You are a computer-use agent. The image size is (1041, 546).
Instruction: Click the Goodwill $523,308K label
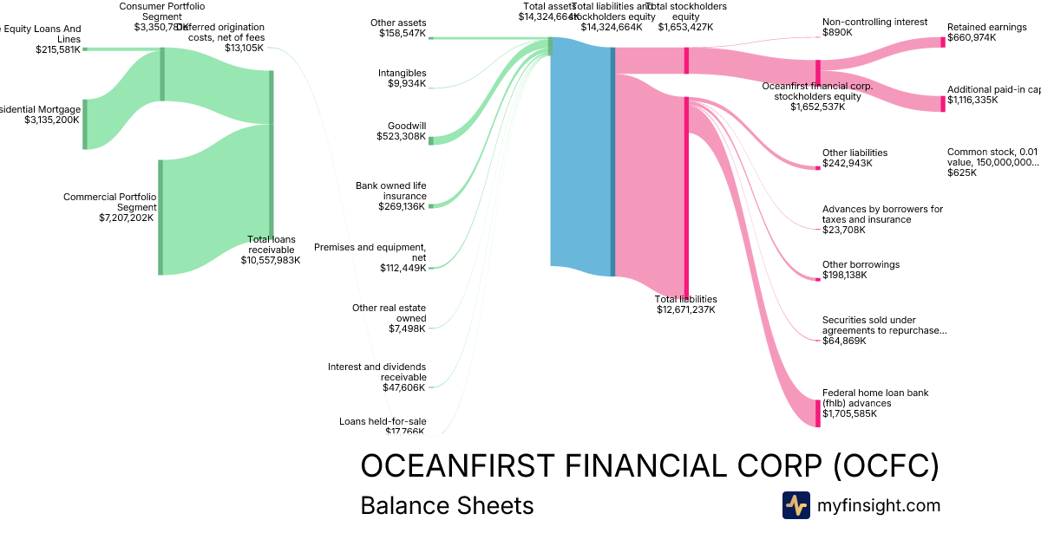pyautogui.click(x=401, y=131)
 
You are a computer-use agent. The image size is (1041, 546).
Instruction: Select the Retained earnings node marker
pyautogui.click(x=943, y=42)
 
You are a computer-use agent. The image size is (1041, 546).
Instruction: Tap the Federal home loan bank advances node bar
pyautogui.click(x=818, y=413)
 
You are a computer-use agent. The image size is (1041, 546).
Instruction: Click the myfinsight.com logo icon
pyautogui.click(x=795, y=505)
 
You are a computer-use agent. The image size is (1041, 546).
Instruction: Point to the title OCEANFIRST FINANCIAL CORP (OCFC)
pyautogui.click(x=650, y=466)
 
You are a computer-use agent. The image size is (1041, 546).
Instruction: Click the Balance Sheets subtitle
pyautogui.click(x=447, y=505)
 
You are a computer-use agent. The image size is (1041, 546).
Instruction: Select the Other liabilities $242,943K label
pyautogui.click(x=854, y=158)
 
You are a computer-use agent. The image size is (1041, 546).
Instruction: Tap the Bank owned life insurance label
pyautogui.click(x=390, y=196)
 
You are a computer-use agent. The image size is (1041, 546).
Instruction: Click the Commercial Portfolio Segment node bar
pyautogui.click(x=160, y=217)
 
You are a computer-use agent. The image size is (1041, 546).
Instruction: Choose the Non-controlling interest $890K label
pyautogui.click(x=862, y=27)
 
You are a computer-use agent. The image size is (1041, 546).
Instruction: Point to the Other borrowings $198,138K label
pyautogui.click(x=861, y=270)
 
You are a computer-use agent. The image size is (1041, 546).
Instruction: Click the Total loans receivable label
pyautogui.click(x=271, y=249)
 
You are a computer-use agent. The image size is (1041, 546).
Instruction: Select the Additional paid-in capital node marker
pyautogui.click(x=943, y=104)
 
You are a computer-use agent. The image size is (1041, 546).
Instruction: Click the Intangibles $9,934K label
pyautogui.click(x=402, y=78)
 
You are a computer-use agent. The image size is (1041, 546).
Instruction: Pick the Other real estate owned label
pyautogui.click(x=390, y=318)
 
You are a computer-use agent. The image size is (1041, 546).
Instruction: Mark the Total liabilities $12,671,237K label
pyautogui.click(x=686, y=304)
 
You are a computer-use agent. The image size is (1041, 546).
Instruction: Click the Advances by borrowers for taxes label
pyautogui.click(x=882, y=214)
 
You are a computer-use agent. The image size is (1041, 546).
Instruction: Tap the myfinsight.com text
pyautogui.click(x=879, y=505)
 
